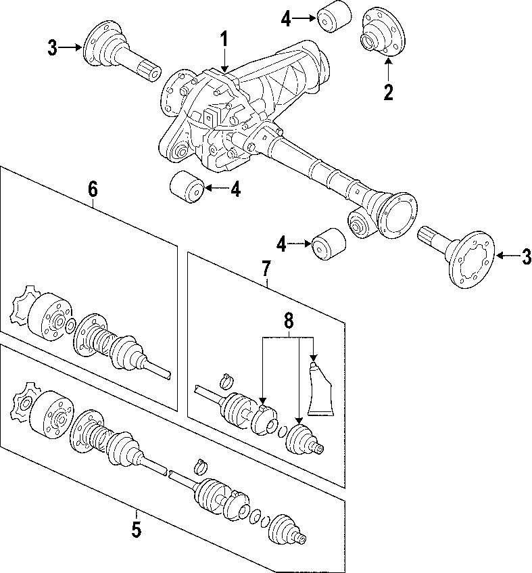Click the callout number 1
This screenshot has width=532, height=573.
224,41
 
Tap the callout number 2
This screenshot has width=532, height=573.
388,91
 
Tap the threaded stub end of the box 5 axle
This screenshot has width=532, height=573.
301,537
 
